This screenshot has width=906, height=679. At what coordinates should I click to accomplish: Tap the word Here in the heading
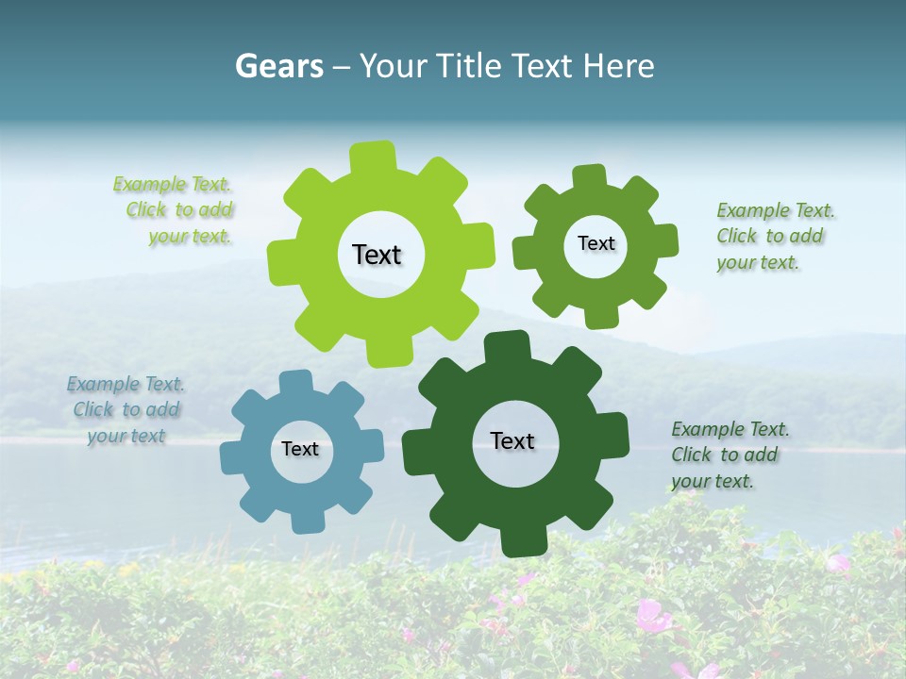[618, 66]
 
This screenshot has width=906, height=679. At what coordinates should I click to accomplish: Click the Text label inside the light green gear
[377, 255]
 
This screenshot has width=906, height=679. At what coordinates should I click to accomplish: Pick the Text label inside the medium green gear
[596, 243]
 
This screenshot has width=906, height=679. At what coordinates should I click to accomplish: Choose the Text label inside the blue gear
[300, 449]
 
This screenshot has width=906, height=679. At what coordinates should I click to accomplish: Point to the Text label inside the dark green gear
[512, 440]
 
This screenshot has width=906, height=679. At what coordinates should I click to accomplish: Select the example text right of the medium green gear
[773, 236]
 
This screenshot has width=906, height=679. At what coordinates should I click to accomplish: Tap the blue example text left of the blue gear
[126, 409]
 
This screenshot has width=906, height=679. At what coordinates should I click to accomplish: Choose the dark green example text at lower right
[729, 455]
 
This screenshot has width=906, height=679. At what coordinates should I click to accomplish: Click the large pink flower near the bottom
[650, 617]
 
